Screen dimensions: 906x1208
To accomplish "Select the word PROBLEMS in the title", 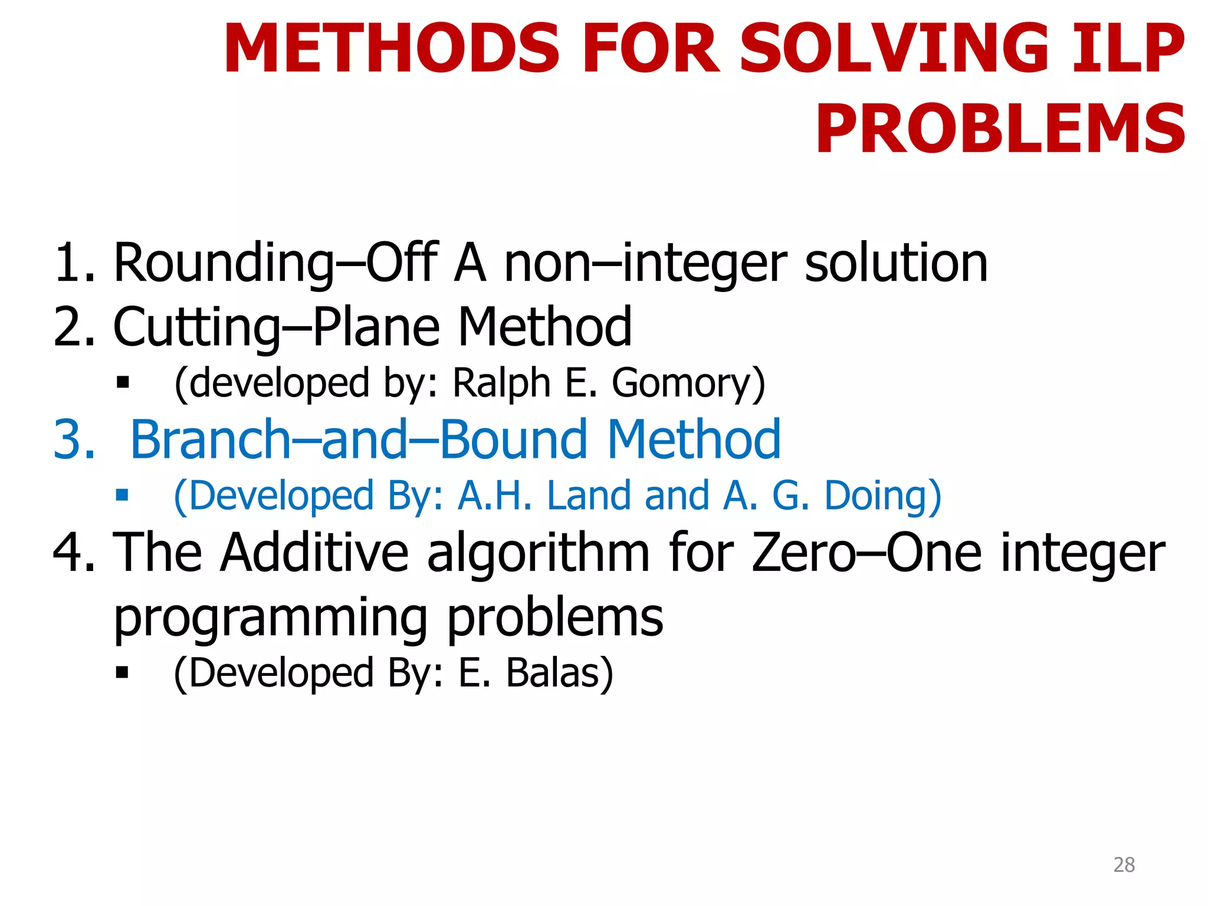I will coord(1000,129).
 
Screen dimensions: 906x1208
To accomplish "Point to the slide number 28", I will coord(1124,865).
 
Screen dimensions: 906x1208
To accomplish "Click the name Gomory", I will coord(682,383).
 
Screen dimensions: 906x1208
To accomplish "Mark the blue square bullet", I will coord(123,495).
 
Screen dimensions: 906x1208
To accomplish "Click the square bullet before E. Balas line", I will coord(123,672).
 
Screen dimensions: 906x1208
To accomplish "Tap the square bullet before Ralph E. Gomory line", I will coord(123,383).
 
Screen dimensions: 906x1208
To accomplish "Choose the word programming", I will coord(270,618).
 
